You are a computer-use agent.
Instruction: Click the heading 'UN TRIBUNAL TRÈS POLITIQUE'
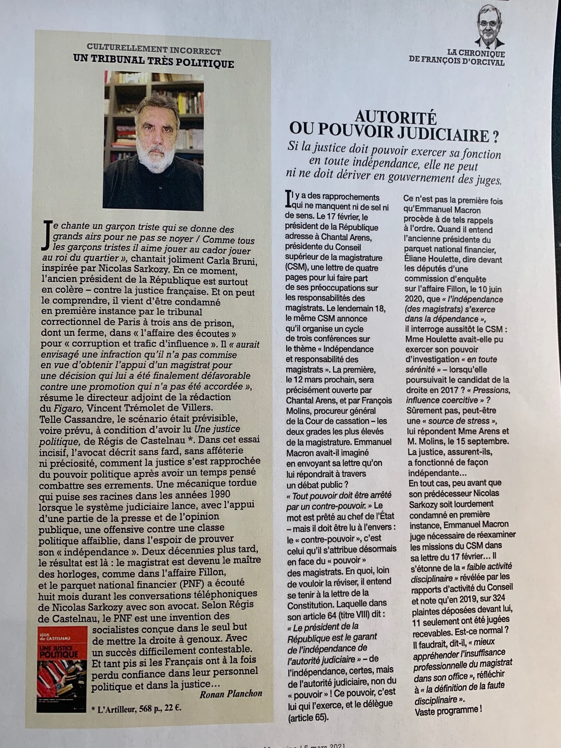(153, 61)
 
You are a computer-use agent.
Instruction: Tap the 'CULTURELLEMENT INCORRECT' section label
(154, 49)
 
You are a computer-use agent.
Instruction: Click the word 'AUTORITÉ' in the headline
(396, 118)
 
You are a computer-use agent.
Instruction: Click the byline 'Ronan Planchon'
(230, 693)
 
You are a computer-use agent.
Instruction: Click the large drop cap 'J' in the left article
(47, 234)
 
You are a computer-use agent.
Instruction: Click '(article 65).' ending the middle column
(308, 718)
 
